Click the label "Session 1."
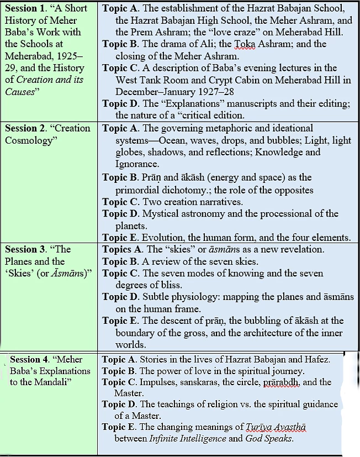[x=27, y=9]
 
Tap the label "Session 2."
[x=27, y=128]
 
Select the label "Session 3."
[x=27, y=249]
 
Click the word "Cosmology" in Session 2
[x=28, y=140]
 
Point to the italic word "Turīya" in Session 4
[x=261, y=427]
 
